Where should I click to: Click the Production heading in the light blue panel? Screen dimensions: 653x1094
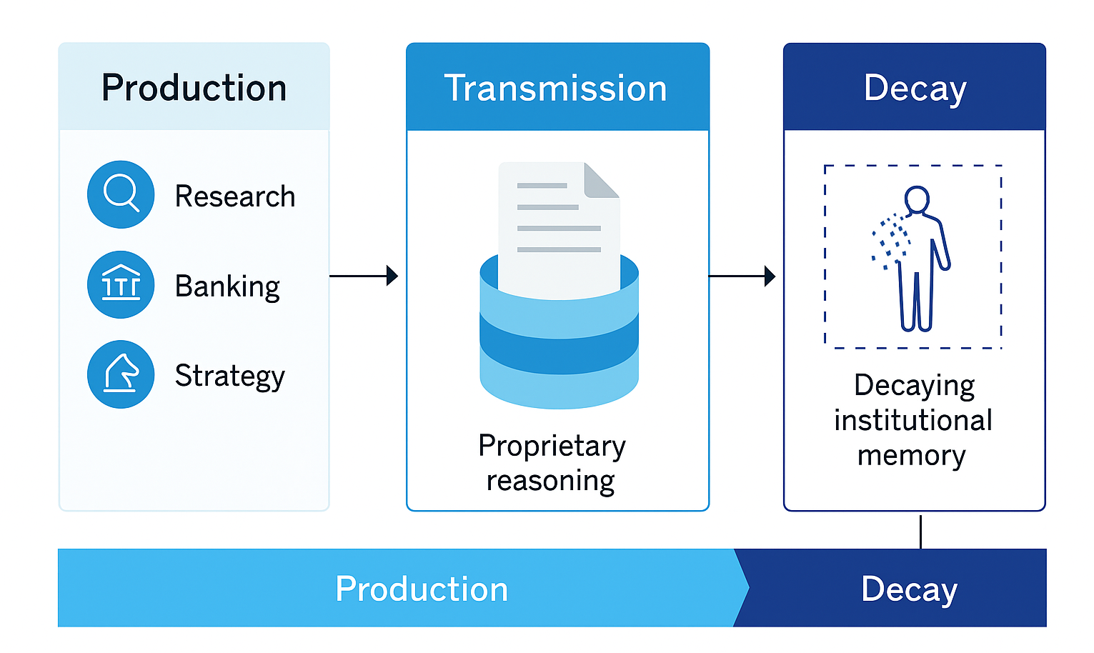pyautogui.click(x=194, y=88)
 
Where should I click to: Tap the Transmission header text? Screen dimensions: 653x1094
pyautogui.click(x=555, y=89)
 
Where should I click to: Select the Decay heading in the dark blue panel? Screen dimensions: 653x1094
pyautogui.click(x=914, y=89)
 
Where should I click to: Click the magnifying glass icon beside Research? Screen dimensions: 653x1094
pyautogui.click(x=121, y=194)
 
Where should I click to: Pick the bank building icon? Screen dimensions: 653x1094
pyautogui.click(x=121, y=284)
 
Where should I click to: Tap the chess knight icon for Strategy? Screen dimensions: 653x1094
pyautogui.click(x=121, y=374)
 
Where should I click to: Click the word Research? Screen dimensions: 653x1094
pyautogui.click(x=234, y=196)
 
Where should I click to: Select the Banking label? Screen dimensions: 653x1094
pyautogui.click(x=227, y=286)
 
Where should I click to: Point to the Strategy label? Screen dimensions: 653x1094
pyautogui.click(x=229, y=376)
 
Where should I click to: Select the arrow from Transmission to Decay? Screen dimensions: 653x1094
pyautogui.click(x=741, y=276)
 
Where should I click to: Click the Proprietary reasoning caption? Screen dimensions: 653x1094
pyautogui.click(x=552, y=462)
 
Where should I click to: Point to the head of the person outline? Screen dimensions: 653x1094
pyautogui.click(x=916, y=199)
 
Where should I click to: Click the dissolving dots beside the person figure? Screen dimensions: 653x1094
pyautogui.click(x=888, y=240)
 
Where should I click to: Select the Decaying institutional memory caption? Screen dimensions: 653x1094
pyautogui.click(x=913, y=420)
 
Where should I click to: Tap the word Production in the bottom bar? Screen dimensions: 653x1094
pyautogui.click(x=421, y=589)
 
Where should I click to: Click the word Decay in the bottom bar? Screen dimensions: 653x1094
pyautogui.click(x=908, y=589)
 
